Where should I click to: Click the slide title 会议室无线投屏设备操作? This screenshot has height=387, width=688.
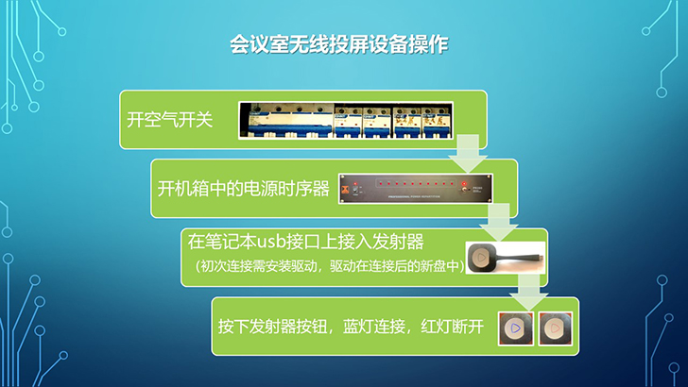coord(338,44)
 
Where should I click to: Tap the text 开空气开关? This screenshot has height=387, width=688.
coord(170,119)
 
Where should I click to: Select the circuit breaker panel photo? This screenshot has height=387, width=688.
coord(346,121)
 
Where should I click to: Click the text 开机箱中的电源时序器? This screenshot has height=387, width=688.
coord(244,189)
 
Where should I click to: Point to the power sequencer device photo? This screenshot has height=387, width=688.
coord(416,189)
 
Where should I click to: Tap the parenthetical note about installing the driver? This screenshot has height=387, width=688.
coord(330,266)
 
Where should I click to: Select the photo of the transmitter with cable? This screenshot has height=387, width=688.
coord(506,258)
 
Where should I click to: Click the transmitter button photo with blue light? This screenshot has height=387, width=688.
coord(516,328)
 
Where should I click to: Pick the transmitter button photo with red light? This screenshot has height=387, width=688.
coord(556,328)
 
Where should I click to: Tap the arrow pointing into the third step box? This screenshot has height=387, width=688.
coord(499,222)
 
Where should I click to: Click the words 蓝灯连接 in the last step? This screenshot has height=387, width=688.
coord(374,327)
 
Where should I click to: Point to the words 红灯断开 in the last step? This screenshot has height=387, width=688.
coord(452,327)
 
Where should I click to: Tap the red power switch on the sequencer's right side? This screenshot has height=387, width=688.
coord(464,184)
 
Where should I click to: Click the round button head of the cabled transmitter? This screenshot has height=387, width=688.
coord(481,258)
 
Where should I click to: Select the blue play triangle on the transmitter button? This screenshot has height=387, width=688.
coord(516,328)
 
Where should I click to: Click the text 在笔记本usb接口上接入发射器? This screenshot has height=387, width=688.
coord(306,242)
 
